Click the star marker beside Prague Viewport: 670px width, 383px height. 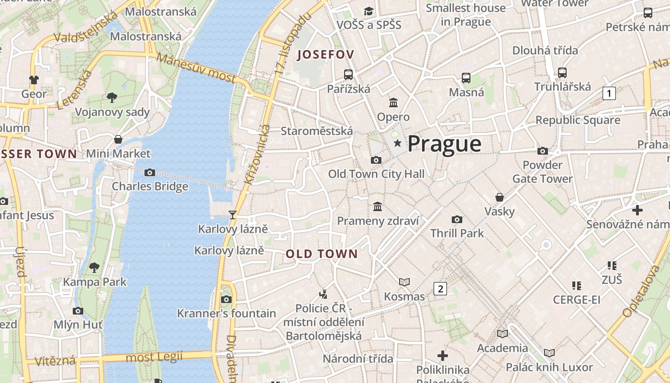pyautogui.click(x=397, y=143)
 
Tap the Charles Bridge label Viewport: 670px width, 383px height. pyautogui.click(x=150, y=186)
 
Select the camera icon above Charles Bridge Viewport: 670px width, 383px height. pyautogui.click(x=150, y=172)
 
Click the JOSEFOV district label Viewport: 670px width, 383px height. pyautogui.click(x=325, y=55)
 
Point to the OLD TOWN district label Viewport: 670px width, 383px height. pyautogui.click(x=322, y=254)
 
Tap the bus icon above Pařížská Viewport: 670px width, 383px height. pyautogui.click(x=348, y=75)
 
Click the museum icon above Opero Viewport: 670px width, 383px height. pyautogui.click(x=393, y=102)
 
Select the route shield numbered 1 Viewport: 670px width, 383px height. pyautogui.click(x=609, y=93)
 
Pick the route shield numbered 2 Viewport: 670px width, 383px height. pyautogui.click(x=440, y=289)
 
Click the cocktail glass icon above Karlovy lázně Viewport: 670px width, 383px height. pyautogui.click(x=233, y=214)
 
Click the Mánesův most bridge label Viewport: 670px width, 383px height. pyautogui.click(x=196, y=68)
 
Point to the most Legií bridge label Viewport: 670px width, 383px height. pyautogui.click(x=154, y=357)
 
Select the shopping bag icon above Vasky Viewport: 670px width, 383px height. pyautogui.click(x=500, y=197)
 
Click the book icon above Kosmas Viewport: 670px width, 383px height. pyautogui.click(x=404, y=282)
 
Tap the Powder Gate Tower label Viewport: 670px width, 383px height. pyautogui.click(x=542, y=172)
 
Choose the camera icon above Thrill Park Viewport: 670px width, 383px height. pyautogui.click(x=457, y=219)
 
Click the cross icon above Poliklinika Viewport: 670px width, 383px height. pyautogui.click(x=443, y=356)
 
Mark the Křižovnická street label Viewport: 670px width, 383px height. pyautogui.click(x=257, y=154)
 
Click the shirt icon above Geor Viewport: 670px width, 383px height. pyautogui.click(x=33, y=79)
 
